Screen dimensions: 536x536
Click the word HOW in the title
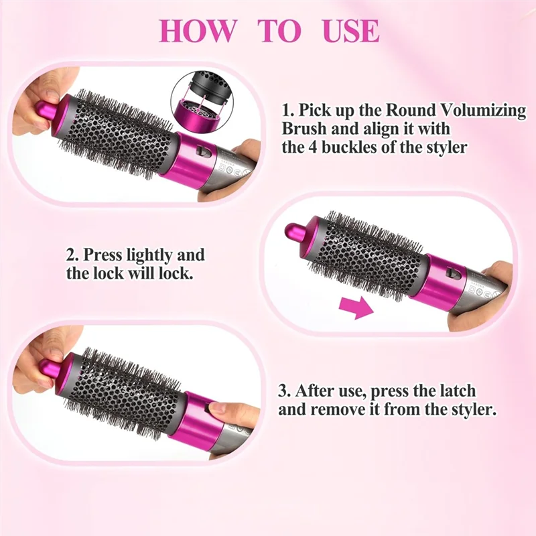[x=198, y=31]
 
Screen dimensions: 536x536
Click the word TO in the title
[x=280, y=31]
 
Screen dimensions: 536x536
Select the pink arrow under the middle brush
[x=355, y=308]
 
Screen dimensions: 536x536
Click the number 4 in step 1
[x=316, y=147]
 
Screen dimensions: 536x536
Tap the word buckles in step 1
[x=356, y=147]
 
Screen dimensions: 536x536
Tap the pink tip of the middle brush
[x=295, y=232]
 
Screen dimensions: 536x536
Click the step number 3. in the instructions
[x=284, y=390]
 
